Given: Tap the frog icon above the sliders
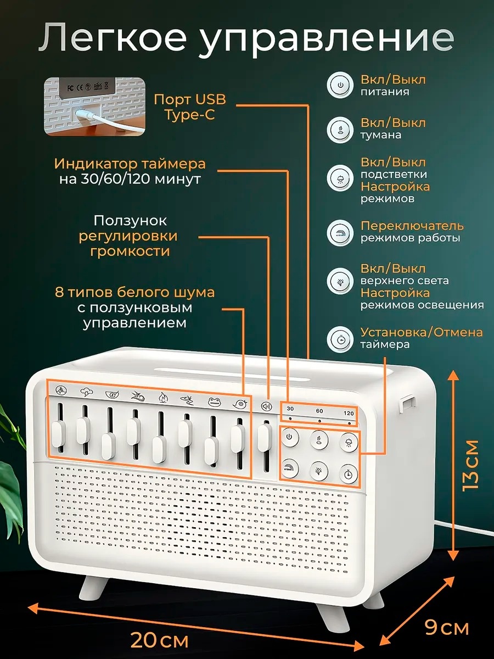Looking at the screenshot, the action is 215,401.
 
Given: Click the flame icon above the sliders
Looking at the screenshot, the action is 163,398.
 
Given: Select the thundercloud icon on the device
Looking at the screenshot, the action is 87,392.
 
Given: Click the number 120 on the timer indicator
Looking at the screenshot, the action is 349,414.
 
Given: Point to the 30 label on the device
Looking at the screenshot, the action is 290,409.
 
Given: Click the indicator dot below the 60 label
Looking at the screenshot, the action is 319,421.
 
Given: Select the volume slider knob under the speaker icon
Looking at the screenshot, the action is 264,438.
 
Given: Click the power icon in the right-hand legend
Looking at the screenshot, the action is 340,85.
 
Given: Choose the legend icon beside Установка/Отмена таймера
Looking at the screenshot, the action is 340,339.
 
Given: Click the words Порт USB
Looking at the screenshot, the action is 190,100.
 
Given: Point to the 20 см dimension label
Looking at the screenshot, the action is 160,640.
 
